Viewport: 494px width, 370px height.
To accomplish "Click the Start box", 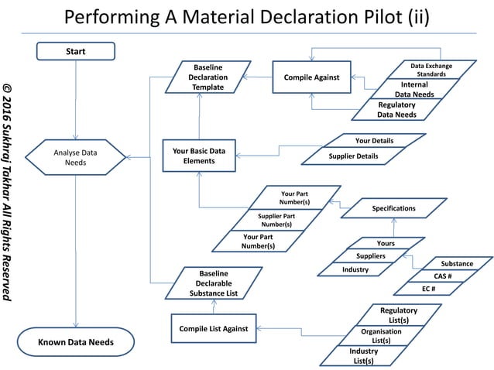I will (76, 51).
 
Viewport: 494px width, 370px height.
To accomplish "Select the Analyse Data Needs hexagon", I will (76, 157).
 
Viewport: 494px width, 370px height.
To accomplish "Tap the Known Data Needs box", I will (76, 341).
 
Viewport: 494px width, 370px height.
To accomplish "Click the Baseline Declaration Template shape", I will (208, 77).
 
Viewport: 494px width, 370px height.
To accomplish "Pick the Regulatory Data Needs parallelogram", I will (396, 110).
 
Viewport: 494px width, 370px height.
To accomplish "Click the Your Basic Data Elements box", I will (200, 156).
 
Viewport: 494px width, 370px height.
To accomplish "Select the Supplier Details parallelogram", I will (355, 156).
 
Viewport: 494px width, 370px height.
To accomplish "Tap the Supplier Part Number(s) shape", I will (276, 220).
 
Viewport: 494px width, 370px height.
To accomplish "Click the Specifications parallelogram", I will (393, 208).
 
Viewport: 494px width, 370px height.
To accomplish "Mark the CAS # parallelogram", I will (442, 276).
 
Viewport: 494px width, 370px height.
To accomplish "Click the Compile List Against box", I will (213, 328).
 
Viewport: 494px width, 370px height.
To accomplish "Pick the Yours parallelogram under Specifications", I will (386, 243).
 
